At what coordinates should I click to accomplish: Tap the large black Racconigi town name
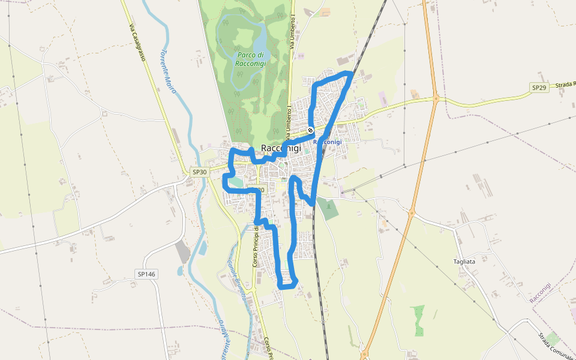[x=281, y=149]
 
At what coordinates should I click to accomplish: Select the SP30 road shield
[x=199, y=172]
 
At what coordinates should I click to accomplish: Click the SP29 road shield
[x=539, y=88]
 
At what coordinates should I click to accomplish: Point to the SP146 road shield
[x=146, y=274]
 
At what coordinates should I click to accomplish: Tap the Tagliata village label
[x=464, y=262]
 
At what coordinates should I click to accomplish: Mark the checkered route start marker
[x=310, y=130]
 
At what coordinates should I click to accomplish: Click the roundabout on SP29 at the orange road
[x=436, y=98]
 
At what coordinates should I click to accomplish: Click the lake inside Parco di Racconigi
[x=259, y=43]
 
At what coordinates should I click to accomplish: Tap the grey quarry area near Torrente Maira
[x=183, y=253]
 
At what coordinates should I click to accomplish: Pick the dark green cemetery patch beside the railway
[x=328, y=208]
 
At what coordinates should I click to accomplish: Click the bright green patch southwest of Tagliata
[x=418, y=320]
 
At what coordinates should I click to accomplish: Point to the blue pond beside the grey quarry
[x=202, y=247]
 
